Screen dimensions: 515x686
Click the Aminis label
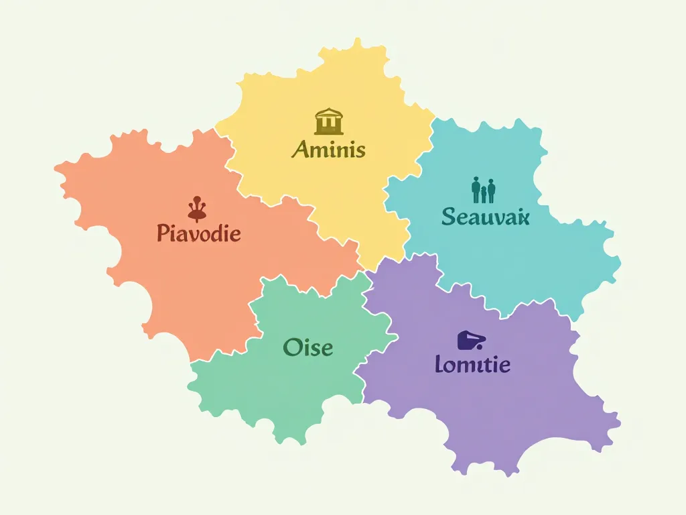(x=328, y=149)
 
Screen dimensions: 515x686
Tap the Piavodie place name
(x=198, y=233)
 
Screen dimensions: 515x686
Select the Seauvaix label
(x=486, y=216)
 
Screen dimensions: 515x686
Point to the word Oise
(x=308, y=347)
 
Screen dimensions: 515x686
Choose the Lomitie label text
(x=472, y=365)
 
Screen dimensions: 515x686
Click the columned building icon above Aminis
(x=329, y=122)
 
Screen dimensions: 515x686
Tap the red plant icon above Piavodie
(x=196, y=209)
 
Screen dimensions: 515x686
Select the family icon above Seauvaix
(x=483, y=190)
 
